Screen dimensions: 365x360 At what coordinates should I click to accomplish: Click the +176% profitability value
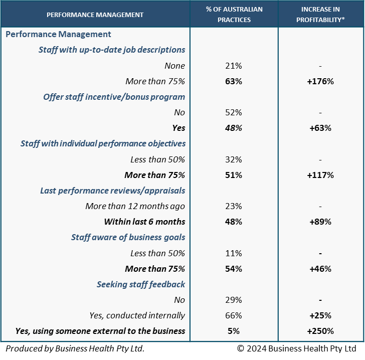(x=320, y=81)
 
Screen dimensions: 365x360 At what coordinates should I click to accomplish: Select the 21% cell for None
(x=234, y=66)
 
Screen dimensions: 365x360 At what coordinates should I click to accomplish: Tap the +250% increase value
(x=320, y=331)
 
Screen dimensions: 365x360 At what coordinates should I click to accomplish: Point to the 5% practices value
(x=234, y=331)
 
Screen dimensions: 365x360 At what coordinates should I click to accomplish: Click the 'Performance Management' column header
(x=95, y=15)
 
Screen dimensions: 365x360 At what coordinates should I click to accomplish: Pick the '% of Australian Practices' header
(x=234, y=15)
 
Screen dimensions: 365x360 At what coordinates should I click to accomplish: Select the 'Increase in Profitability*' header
(x=320, y=15)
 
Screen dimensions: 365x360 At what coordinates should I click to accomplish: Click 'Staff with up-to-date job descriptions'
(x=112, y=50)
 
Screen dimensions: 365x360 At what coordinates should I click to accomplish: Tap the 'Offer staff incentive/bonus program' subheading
(x=114, y=97)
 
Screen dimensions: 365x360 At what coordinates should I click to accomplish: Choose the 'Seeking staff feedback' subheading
(x=141, y=284)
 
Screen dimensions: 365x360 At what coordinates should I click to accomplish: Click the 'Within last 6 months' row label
(x=144, y=222)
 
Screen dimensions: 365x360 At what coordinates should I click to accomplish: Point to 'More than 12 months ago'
(x=135, y=206)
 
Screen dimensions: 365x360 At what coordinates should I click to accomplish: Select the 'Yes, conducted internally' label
(x=137, y=315)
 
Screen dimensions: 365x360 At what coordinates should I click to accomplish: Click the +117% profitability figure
(x=320, y=175)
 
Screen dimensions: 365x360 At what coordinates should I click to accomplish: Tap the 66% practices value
(x=234, y=315)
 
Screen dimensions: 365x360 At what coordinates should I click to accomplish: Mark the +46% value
(x=320, y=269)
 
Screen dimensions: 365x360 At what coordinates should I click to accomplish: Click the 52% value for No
(x=234, y=112)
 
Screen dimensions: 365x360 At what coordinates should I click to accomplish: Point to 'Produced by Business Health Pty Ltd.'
(x=75, y=348)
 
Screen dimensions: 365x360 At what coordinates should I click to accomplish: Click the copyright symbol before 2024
(x=241, y=348)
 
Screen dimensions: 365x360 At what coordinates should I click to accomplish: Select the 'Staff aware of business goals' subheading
(x=128, y=237)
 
